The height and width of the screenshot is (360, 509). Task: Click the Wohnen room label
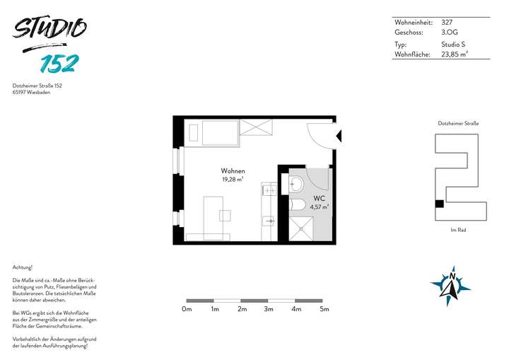pos(233,171)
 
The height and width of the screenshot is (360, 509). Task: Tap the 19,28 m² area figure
pos(233,180)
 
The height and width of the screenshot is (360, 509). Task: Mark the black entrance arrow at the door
pos(338,136)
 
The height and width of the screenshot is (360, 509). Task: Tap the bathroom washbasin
pos(296,184)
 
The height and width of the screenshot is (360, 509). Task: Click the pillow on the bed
pos(192,132)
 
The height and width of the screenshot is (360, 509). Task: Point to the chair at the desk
pos(226,215)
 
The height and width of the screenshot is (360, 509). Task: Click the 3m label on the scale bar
pos(269,309)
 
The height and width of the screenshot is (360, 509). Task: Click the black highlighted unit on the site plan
pos(439,204)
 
